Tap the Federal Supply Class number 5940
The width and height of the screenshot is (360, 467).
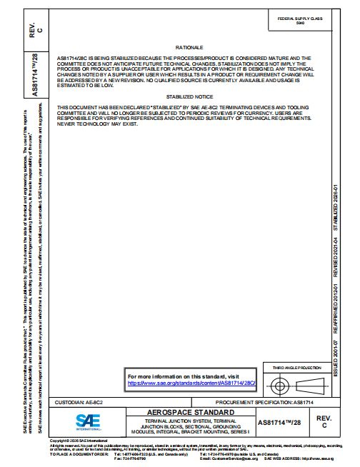pos(300,24)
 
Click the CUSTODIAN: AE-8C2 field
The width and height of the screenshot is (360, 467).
pos(79,403)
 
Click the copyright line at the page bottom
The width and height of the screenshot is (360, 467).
pos(78,441)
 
